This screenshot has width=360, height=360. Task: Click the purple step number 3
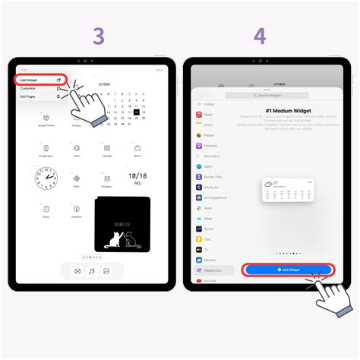point(99,36)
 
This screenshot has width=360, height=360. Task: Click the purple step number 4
point(261,36)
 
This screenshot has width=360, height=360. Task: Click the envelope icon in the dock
point(77,270)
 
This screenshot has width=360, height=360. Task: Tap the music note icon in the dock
point(92,270)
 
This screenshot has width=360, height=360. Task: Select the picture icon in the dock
point(107,270)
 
